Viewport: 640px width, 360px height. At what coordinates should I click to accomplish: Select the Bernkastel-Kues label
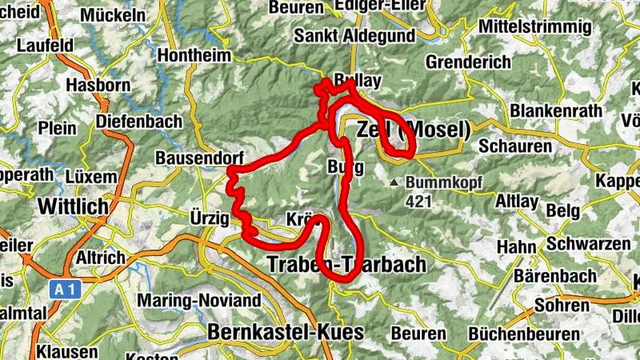point(286,331)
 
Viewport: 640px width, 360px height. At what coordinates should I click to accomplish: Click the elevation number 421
point(418,201)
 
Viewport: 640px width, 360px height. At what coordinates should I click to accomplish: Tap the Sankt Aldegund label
point(354,36)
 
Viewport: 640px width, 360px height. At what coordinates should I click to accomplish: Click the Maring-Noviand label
point(199,301)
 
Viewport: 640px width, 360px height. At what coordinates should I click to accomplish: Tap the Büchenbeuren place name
point(523,334)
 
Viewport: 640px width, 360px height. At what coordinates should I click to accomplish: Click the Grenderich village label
point(468,62)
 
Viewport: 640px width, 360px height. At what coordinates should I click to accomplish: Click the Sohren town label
point(558,305)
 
